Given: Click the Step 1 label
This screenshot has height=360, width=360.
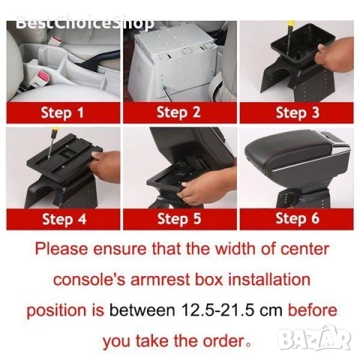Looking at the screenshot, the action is point(62,112).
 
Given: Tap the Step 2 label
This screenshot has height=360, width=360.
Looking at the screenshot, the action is point(178,112).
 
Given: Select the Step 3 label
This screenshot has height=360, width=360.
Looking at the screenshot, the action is point(298,112).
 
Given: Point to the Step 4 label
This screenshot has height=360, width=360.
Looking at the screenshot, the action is point(64,219).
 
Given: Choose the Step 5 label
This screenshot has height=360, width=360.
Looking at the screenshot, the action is point(179,219).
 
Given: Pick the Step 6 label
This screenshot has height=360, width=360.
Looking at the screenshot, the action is point(298,218).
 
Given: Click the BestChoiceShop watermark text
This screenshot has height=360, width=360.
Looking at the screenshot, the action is point(85,23).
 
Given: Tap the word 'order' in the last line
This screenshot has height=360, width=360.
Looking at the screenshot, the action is point(223,341).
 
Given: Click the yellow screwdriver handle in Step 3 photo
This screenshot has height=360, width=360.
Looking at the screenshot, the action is point(291,24).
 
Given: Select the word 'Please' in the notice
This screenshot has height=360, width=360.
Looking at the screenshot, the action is point(61,249).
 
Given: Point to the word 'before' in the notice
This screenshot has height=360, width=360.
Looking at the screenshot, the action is point(313,310).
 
